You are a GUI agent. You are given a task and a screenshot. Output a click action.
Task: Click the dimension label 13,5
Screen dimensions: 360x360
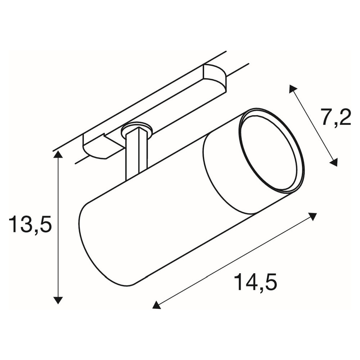[x=30, y=224]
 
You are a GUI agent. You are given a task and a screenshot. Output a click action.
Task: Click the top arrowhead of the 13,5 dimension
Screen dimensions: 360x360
[x=58, y=155]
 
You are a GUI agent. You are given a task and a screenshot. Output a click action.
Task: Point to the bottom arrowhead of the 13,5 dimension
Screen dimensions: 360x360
[x=58, y=300]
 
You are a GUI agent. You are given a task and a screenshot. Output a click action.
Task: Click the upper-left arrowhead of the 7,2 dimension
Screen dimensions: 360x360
[x=293, y=89]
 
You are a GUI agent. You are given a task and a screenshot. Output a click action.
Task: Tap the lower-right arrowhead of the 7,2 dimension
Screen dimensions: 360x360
[x=334, y=162]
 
